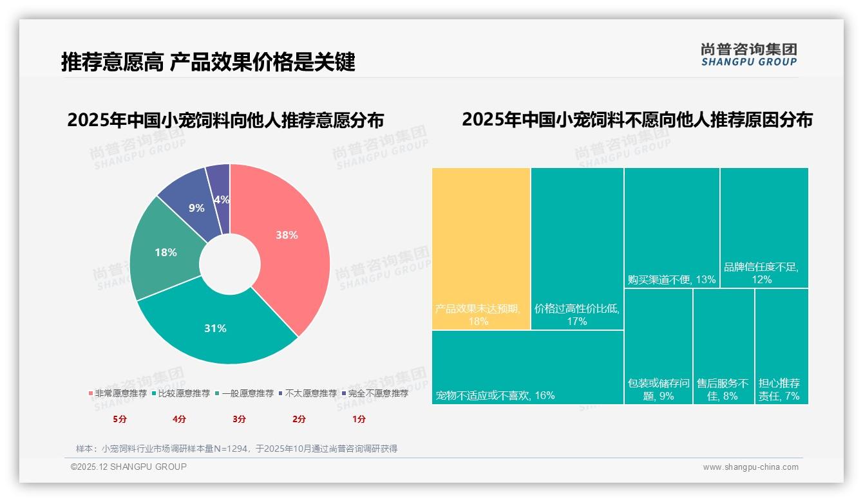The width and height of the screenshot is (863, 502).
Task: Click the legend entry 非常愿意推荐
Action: (117, 393)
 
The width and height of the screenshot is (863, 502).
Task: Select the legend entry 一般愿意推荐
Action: (244, 393)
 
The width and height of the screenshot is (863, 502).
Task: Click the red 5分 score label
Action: (120, 419)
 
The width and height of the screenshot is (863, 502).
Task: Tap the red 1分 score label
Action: (359, 419)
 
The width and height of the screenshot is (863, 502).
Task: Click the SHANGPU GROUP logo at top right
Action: (748, 55)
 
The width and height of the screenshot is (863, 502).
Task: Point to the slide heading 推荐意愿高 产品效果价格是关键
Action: (208, 62)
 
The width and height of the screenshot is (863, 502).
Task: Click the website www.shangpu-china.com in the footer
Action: (750, 467)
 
